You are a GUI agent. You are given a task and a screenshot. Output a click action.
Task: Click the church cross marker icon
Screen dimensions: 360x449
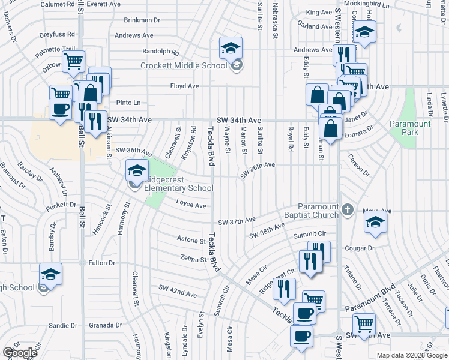[x=348, y=210]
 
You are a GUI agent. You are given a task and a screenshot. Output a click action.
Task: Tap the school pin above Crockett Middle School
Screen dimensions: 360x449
[x=231, y=49]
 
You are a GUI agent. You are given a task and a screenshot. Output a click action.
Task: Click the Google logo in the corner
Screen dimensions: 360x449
[x=20, y=352]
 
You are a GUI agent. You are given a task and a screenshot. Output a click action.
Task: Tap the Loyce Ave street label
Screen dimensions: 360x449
[x=191, y=205]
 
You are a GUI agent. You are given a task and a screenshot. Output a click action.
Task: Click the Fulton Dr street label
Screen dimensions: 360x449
[x=101, y=263]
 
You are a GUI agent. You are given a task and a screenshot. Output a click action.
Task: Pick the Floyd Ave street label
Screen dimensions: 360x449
[x=184, y=86]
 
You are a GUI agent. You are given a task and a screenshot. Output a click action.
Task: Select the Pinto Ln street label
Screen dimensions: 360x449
[x=128, y=103]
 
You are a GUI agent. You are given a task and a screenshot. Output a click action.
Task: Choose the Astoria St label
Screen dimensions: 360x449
[x=191, y=239]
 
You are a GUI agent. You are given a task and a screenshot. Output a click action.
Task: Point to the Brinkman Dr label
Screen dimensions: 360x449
[x=144, y=20]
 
